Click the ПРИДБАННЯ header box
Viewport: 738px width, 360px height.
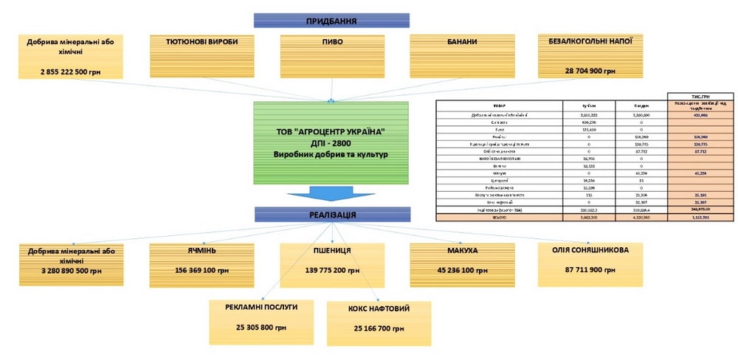pyautogui.click(x=331, y=21)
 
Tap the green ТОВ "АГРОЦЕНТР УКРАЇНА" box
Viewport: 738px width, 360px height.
pyautogui.click(x=331, y=142)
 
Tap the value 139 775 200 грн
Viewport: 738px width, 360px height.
pyautogui.click(x=331, y=271)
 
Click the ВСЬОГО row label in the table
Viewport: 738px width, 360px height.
pyautogui.click(x=498, y=219)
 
